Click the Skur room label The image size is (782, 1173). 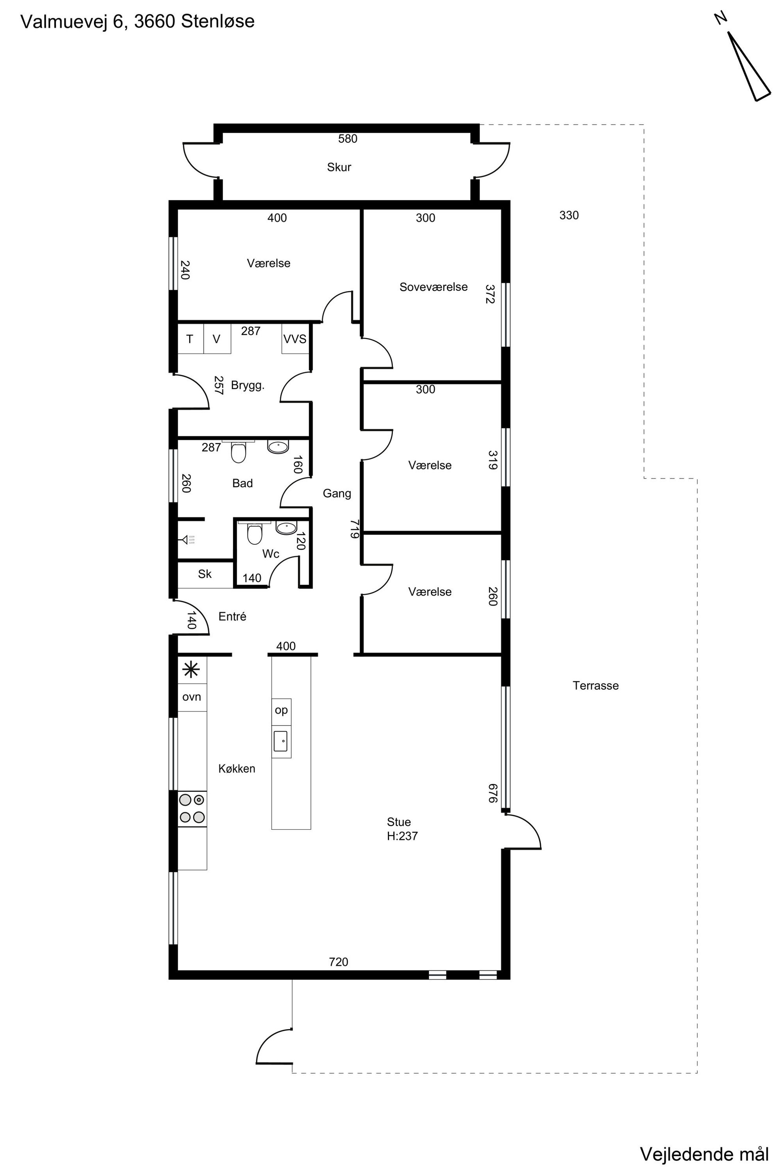pos(339,167)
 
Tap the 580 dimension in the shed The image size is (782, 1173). pos(348,139)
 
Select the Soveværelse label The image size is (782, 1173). pos(434,287)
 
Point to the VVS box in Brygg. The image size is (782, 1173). pos(295,339)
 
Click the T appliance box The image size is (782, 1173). pos(190,339)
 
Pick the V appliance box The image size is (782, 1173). pos(217,339)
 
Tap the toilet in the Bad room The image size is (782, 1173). pos(238,452)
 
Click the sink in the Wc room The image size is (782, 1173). pos(286,528)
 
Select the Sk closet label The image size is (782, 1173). pos(205,574)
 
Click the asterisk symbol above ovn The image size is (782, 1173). pos(192,669)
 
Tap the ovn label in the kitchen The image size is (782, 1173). pos(192,697)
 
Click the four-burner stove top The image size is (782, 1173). pos(192,808)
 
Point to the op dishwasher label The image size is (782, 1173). pos(281,710)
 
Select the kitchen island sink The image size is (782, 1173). pos(281,741)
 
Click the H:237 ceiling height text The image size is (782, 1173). pos(402,836)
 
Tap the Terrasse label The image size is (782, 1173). pos(596,685)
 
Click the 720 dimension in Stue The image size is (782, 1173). pos(339,962)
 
